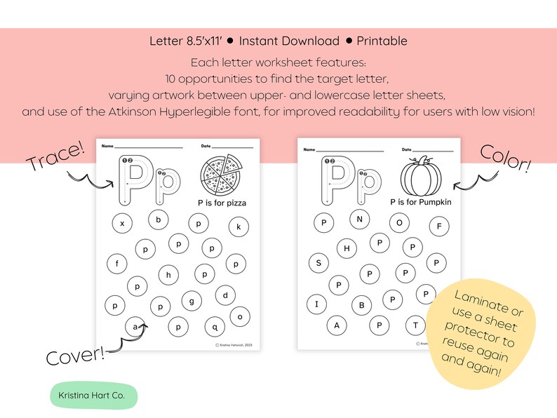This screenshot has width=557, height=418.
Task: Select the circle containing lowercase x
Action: tap(123, 224)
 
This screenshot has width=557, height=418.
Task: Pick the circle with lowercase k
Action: tap(239, 226)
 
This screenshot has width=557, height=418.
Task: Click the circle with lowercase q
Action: tap(215, 326)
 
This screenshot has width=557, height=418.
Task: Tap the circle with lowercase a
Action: tap(134, 326)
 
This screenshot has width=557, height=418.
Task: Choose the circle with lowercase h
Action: tap(169, 275)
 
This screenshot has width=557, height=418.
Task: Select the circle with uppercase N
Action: tap(360, 220)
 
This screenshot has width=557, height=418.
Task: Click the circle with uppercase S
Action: tap(318, 263)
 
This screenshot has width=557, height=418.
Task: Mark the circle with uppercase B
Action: tap(362, 305)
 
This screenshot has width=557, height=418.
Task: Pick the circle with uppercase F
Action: tap(439, 226)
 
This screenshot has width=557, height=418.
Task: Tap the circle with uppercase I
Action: tap(316, 304)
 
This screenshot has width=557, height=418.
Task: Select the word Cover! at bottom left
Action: tap(75, 355)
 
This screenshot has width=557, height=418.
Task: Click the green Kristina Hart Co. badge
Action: tap(93, 396)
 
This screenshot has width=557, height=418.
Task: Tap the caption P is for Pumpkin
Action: tap(421, 202)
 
